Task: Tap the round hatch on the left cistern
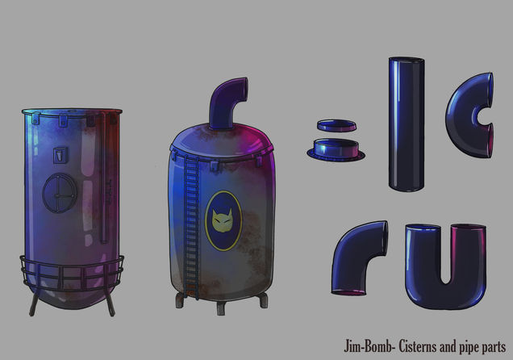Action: (x=60, y=193)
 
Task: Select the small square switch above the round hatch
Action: (x=60, y=155)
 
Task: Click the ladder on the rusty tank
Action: (x=191, y=226)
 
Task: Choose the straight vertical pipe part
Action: (x=407, y=124)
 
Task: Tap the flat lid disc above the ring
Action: (x=336, y=126)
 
